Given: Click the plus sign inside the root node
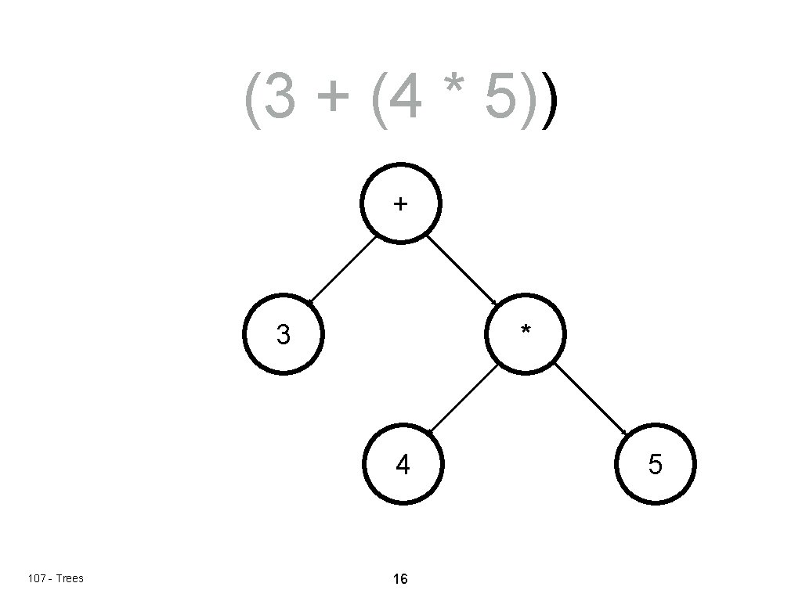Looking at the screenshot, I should [400, 204].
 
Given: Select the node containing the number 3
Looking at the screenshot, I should [284, 335].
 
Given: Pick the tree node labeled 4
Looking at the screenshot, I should [403, 466].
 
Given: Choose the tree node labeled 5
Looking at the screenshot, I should [656, 465].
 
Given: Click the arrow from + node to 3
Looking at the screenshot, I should [342, 268].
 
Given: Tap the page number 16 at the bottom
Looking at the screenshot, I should [400, 580].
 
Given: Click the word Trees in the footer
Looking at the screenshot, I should [70, 579].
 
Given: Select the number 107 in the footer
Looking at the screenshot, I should [36, 579].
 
